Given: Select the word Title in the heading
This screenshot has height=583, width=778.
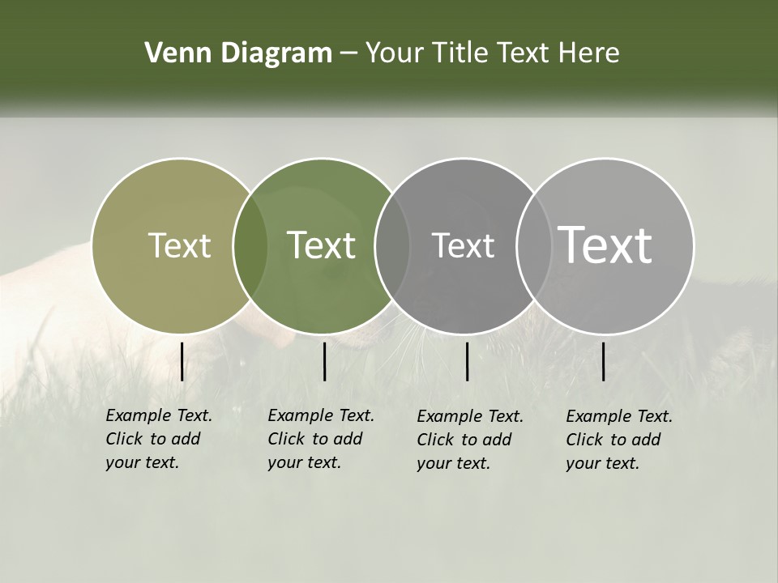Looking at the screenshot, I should (460, 53).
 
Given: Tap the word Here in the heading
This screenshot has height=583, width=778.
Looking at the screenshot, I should (589, 53).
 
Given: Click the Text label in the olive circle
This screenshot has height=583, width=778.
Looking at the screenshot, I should (179, 245).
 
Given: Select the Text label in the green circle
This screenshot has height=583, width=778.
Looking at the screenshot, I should (322, 245).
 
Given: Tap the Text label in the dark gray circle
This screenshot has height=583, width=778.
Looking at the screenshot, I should (463, 245).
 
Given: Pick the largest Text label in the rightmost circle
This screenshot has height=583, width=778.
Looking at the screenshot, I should (605, 245).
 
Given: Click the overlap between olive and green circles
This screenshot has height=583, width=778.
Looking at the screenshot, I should (250, 246).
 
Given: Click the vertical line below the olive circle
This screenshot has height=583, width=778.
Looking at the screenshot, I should (182, 361).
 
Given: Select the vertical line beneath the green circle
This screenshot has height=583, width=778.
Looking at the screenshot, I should (324, 361).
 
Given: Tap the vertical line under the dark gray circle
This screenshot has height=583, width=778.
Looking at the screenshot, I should (467, 361).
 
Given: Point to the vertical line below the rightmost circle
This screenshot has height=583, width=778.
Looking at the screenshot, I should (604, 361).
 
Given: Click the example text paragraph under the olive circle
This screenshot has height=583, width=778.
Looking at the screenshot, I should (158, 439).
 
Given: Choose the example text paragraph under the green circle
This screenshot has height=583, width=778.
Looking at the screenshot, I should (320, 439).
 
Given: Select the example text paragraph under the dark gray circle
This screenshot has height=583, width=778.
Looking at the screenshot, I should (469, 440).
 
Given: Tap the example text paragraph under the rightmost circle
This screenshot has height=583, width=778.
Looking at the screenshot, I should (618, 440).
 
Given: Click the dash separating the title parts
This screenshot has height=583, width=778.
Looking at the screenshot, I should (348, 53).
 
